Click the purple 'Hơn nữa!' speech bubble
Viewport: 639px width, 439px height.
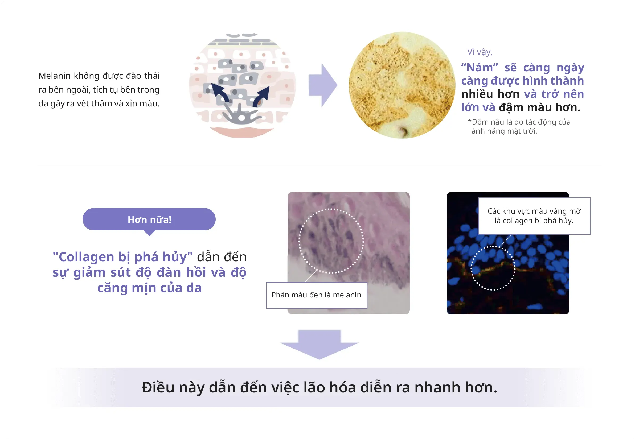click(x=149, y=220)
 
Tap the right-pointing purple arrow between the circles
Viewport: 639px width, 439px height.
click(x=323, y=85)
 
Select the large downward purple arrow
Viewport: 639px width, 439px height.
click(x=319, y=344)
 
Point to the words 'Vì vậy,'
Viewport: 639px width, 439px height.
click(x=480, y=52)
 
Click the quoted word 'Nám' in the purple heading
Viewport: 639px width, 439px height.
click(x=480, y=67)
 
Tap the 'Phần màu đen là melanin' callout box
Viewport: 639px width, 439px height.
click(x=317, y=295)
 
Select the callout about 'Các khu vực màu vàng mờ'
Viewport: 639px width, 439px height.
click(x=534, y=216)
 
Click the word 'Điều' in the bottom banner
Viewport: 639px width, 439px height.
click(x=158, y=387)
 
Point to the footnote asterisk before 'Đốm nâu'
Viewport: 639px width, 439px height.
click(x=469, y=121)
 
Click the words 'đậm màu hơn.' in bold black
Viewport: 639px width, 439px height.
click(x=539, y=107)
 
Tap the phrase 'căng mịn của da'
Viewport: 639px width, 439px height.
click(x=149, y=288)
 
